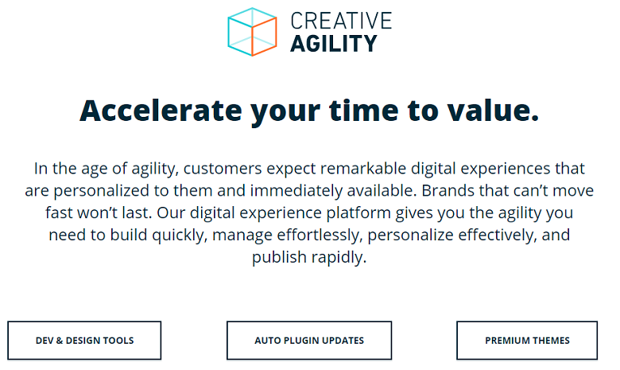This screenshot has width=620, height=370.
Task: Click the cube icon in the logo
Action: pos(252,32)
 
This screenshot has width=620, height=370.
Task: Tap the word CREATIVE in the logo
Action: pos(341,21)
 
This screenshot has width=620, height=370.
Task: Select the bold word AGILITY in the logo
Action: pos(334,43)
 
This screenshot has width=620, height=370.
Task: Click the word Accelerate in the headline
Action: pos(161,111)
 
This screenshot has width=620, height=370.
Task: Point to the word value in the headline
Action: pos(493,111)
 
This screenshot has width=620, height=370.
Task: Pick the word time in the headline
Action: pos(364,111)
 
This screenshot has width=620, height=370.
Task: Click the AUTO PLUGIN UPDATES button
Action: pos(309,341)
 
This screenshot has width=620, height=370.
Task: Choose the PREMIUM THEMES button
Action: pos(527,341)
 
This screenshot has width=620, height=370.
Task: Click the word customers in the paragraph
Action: pos(223,169)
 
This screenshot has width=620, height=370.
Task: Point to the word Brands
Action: pos(448,190)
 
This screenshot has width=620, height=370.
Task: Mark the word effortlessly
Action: pos(320,236)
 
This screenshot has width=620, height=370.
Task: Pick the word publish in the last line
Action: pos(279,258)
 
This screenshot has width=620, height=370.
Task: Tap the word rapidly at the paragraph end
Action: pos(339,258)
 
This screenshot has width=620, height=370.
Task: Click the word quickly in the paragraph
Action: pos(180,236)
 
